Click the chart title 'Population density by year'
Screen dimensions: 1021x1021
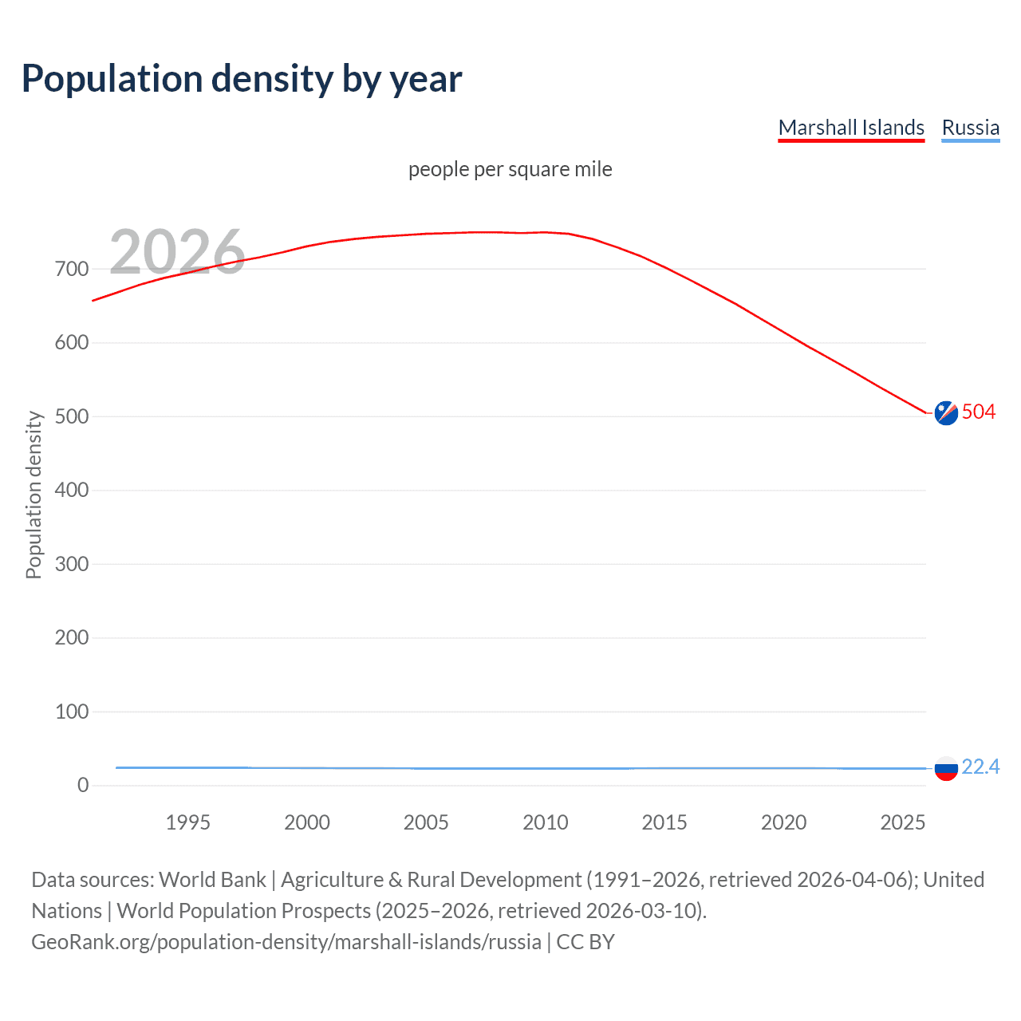click(242, 79)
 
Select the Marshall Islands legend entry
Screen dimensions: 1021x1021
click(851, 128)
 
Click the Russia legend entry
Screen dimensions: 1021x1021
click(970, 128)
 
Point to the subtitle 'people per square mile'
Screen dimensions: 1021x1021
click(510, 169)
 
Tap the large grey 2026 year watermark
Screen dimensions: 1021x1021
click(177, 252)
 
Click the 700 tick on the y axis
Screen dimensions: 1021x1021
click(72, 269)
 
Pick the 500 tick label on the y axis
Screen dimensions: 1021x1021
click(72, 416)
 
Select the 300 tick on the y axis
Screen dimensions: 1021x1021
click(72, 564)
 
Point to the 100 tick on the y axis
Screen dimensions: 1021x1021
click(72, 712)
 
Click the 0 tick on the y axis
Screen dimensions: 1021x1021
click(83, 785)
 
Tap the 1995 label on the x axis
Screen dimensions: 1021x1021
click(187, 822)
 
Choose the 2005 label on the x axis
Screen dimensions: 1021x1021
click(426, 822)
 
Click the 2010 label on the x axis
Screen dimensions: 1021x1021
click(546, 822)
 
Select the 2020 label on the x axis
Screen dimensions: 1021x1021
click(783, 822)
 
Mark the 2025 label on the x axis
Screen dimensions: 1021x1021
click(902, 822)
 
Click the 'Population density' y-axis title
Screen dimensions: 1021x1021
click(34, 495)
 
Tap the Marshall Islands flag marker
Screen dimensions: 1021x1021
click(946, 412)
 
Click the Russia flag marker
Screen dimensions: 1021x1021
click(946, 769)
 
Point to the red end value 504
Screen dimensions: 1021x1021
click(979, 412)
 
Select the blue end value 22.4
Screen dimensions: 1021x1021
click(980, 767)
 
